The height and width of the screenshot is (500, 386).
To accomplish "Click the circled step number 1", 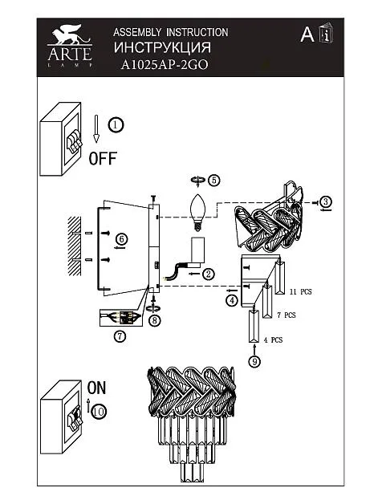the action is (116, 124).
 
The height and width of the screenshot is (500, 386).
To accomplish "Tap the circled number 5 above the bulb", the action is (214, 180).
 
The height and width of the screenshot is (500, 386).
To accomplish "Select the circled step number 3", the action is (326, 201).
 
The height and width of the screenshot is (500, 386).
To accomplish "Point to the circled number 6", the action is (121, 239).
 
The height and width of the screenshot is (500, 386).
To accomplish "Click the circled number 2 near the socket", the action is (209, 274).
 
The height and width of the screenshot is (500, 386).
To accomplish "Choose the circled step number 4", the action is (232, 300).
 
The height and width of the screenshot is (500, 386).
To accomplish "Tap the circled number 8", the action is (155, 320).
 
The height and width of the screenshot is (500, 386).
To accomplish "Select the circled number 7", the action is (120, 336).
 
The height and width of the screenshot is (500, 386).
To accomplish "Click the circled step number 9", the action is (254, 361).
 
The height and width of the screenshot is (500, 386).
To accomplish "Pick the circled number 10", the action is (99, 412).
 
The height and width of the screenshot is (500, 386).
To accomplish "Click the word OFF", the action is (103, 158).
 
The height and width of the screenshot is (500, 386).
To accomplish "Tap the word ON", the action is (96, 388).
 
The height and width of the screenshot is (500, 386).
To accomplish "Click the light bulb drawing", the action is (198, 212).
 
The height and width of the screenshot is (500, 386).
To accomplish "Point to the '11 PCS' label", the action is (301, 291).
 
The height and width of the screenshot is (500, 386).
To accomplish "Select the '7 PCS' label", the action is (286, 315).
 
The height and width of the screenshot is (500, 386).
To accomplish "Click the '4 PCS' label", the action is (273, 340).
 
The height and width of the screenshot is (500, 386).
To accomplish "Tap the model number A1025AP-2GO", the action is (165, 65).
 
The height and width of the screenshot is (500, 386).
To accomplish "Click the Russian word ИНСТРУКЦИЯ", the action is (162, 47).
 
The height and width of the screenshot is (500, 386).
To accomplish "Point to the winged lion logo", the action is (71, 35).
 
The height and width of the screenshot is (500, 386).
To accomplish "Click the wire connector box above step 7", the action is (120, 318).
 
